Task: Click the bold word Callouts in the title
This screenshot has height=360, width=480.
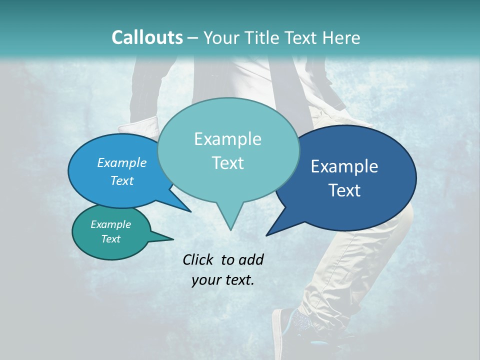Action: tap(147, 37)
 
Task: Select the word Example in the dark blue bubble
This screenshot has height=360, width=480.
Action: tap(344, 166)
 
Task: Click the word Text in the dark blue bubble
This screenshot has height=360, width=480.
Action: tap(344, 190)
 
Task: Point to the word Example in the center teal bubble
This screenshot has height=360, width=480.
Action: tap(227, 139)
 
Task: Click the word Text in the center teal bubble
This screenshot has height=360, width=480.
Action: tap(227, 163)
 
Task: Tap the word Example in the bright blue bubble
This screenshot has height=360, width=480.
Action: tap(121, 162)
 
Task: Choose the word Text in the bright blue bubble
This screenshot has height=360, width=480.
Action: tap(121, 180)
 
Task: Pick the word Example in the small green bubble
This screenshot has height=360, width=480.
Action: tap(110, 224)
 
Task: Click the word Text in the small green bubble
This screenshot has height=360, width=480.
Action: tap(110, 239)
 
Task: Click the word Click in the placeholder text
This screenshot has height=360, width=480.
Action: tap(199, 259)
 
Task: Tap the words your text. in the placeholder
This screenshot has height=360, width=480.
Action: tap(222, 280)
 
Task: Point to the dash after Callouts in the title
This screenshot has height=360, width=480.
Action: tap(193, 38)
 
